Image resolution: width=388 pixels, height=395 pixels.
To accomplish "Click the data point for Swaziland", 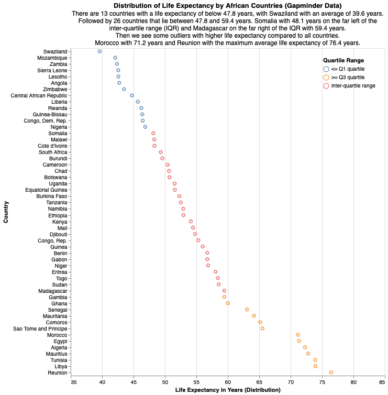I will [99, 51].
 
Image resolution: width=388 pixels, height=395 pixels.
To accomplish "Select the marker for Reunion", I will [331, 372].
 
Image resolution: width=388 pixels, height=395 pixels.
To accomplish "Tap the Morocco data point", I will [298, 335].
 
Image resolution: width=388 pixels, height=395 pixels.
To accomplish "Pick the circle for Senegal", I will [247, 310].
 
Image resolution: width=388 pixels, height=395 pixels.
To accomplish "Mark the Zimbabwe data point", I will [124, 89].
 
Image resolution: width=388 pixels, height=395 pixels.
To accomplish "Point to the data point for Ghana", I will [228, 303].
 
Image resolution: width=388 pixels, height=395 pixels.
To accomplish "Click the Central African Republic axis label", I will [39, 95].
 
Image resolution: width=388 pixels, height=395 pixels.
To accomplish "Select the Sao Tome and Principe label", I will [40, 328].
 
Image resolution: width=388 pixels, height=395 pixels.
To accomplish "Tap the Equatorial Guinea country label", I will [46, 190].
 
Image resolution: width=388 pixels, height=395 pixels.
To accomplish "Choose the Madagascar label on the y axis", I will [52, 291].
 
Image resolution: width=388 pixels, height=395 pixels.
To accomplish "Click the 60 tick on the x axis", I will [228, 382].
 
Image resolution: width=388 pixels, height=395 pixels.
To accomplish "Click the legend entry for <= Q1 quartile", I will [345, 69].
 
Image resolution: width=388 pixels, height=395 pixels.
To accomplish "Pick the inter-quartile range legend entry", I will [349, 85].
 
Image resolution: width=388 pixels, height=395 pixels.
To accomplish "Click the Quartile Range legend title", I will [343, 60].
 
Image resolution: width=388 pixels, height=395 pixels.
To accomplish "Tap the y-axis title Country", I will [6, 212].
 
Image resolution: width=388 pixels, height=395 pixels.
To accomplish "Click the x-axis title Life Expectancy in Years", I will [228, 390].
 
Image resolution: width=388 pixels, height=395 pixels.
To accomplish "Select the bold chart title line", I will [228, 5].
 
